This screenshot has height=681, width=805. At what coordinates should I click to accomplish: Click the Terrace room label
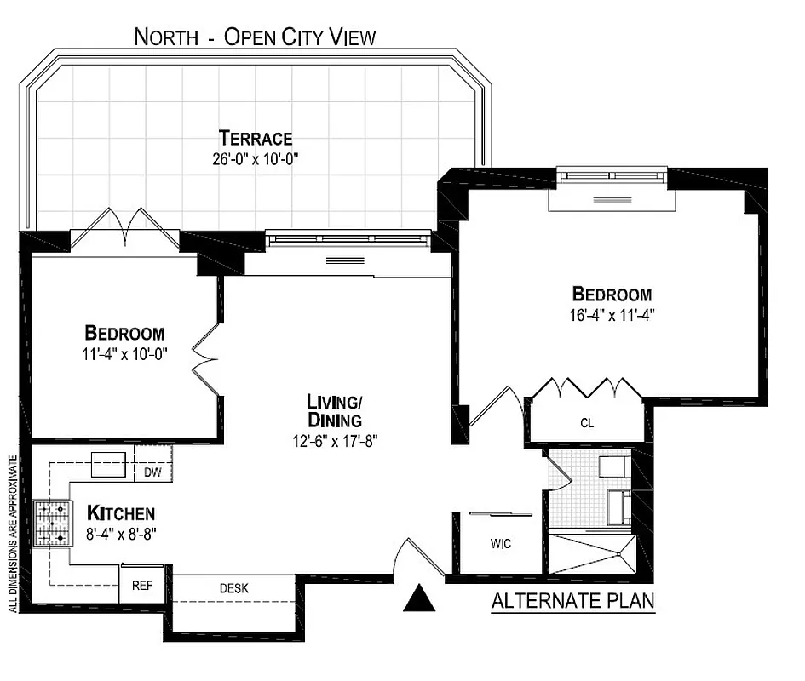255,138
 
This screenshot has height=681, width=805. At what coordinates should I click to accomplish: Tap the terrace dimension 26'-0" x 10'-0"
255,159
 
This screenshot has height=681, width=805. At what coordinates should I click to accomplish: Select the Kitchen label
121,513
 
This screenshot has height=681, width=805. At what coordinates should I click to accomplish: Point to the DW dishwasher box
153,472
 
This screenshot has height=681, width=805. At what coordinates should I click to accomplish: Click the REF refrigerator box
141,587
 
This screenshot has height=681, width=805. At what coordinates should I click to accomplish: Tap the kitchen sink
108,465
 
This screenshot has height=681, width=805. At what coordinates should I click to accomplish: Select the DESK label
233,587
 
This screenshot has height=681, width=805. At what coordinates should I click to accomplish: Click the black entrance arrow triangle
418,598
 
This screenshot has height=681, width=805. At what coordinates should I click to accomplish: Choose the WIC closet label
501,544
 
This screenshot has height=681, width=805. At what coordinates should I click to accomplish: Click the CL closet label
587,422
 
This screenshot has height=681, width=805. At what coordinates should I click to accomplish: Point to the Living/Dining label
335,410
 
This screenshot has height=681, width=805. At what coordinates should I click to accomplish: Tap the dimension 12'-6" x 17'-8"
335,441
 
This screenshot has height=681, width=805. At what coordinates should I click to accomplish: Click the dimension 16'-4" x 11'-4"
612,314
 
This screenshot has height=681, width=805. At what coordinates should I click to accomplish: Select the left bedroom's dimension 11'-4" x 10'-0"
124,354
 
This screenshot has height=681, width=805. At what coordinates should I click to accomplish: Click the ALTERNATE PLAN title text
572,602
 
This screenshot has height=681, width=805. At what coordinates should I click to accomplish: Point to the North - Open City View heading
255,37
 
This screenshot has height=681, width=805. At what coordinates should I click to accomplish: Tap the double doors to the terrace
125,227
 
